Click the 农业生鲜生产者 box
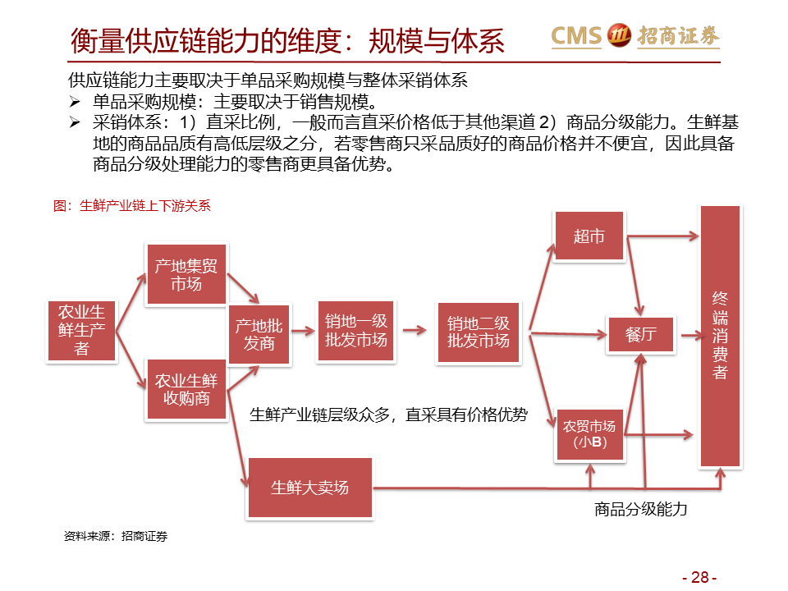[81, 330]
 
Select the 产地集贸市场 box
[186, 274]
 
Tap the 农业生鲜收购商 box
[186, 389]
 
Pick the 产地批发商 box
[259, 334]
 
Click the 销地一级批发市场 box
[355, 331]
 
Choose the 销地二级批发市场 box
[478, 332]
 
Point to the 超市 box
[589, 236]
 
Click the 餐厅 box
[641, 334]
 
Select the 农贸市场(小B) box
[589, 434]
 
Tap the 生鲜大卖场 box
[309, 488]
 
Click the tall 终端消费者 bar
[720, 336]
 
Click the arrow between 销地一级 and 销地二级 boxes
[415, 330]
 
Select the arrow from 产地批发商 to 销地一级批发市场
[303, 331]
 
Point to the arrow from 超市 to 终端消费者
[663, 236]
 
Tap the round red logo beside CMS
[619, 35]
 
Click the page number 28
[699, 577]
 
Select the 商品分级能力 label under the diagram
[640, 509]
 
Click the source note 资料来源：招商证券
[116, 536]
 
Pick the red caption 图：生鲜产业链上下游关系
[132, 205]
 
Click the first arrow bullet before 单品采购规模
[75, 102]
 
